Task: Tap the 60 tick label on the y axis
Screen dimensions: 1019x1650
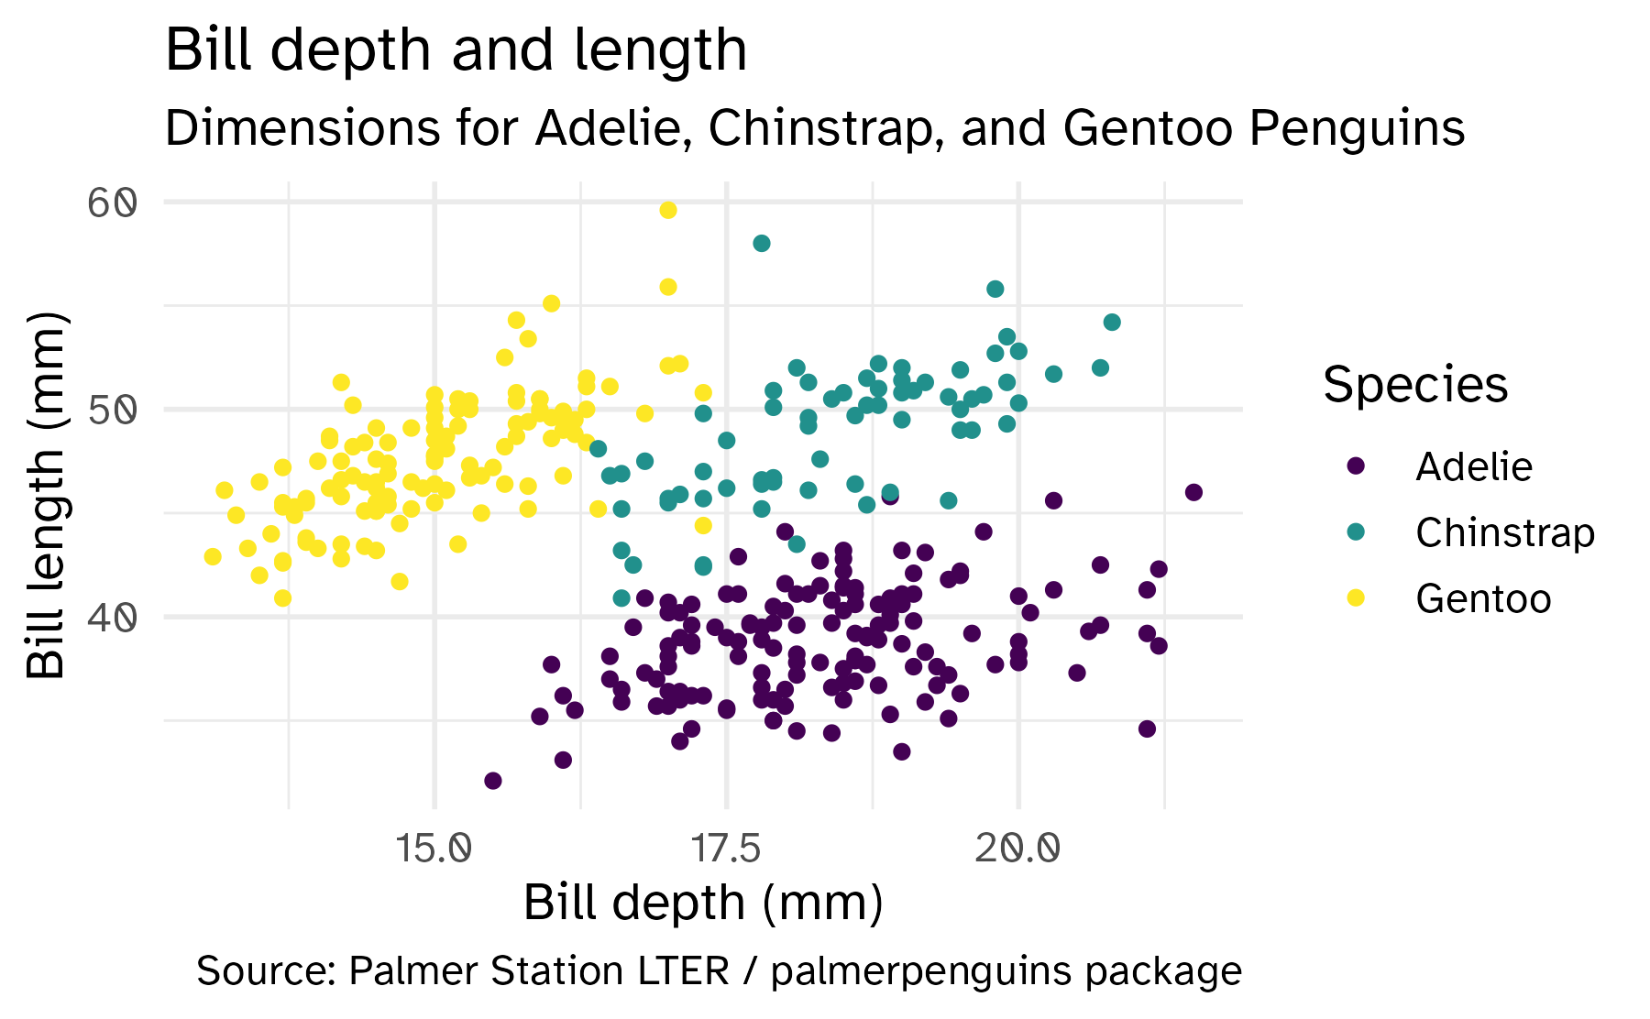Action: (x=113, y=203)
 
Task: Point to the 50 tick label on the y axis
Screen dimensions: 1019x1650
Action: (x=113, y=410)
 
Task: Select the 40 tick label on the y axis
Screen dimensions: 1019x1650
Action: (x=113, y=617)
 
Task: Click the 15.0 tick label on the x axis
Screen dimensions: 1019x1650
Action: (x=434, y=849)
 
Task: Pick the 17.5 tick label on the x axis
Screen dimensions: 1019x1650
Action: (x=726, y=849)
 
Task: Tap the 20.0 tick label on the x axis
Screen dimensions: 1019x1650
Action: (x=1017, y=849)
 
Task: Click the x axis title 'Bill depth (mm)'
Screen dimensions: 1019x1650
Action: (x=703, y=903)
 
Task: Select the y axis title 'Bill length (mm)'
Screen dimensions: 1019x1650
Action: (x=46, y=496)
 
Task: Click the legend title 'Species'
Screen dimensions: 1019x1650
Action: (x=1415, y=385)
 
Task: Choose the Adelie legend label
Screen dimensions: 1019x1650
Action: (x=1473, y=467)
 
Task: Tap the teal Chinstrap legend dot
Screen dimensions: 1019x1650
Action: (x=1357, y=532)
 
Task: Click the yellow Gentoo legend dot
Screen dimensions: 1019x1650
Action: (x=1357, y=598)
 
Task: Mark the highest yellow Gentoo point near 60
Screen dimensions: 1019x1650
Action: (x=668, y=211)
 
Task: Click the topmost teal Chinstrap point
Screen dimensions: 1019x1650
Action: (x=762, y=243)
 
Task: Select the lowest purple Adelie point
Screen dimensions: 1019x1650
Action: (x=493, y=781)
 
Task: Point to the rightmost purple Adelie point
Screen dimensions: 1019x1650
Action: (x=1193, y=492)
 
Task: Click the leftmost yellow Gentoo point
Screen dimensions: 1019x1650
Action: (x=213, y=556)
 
